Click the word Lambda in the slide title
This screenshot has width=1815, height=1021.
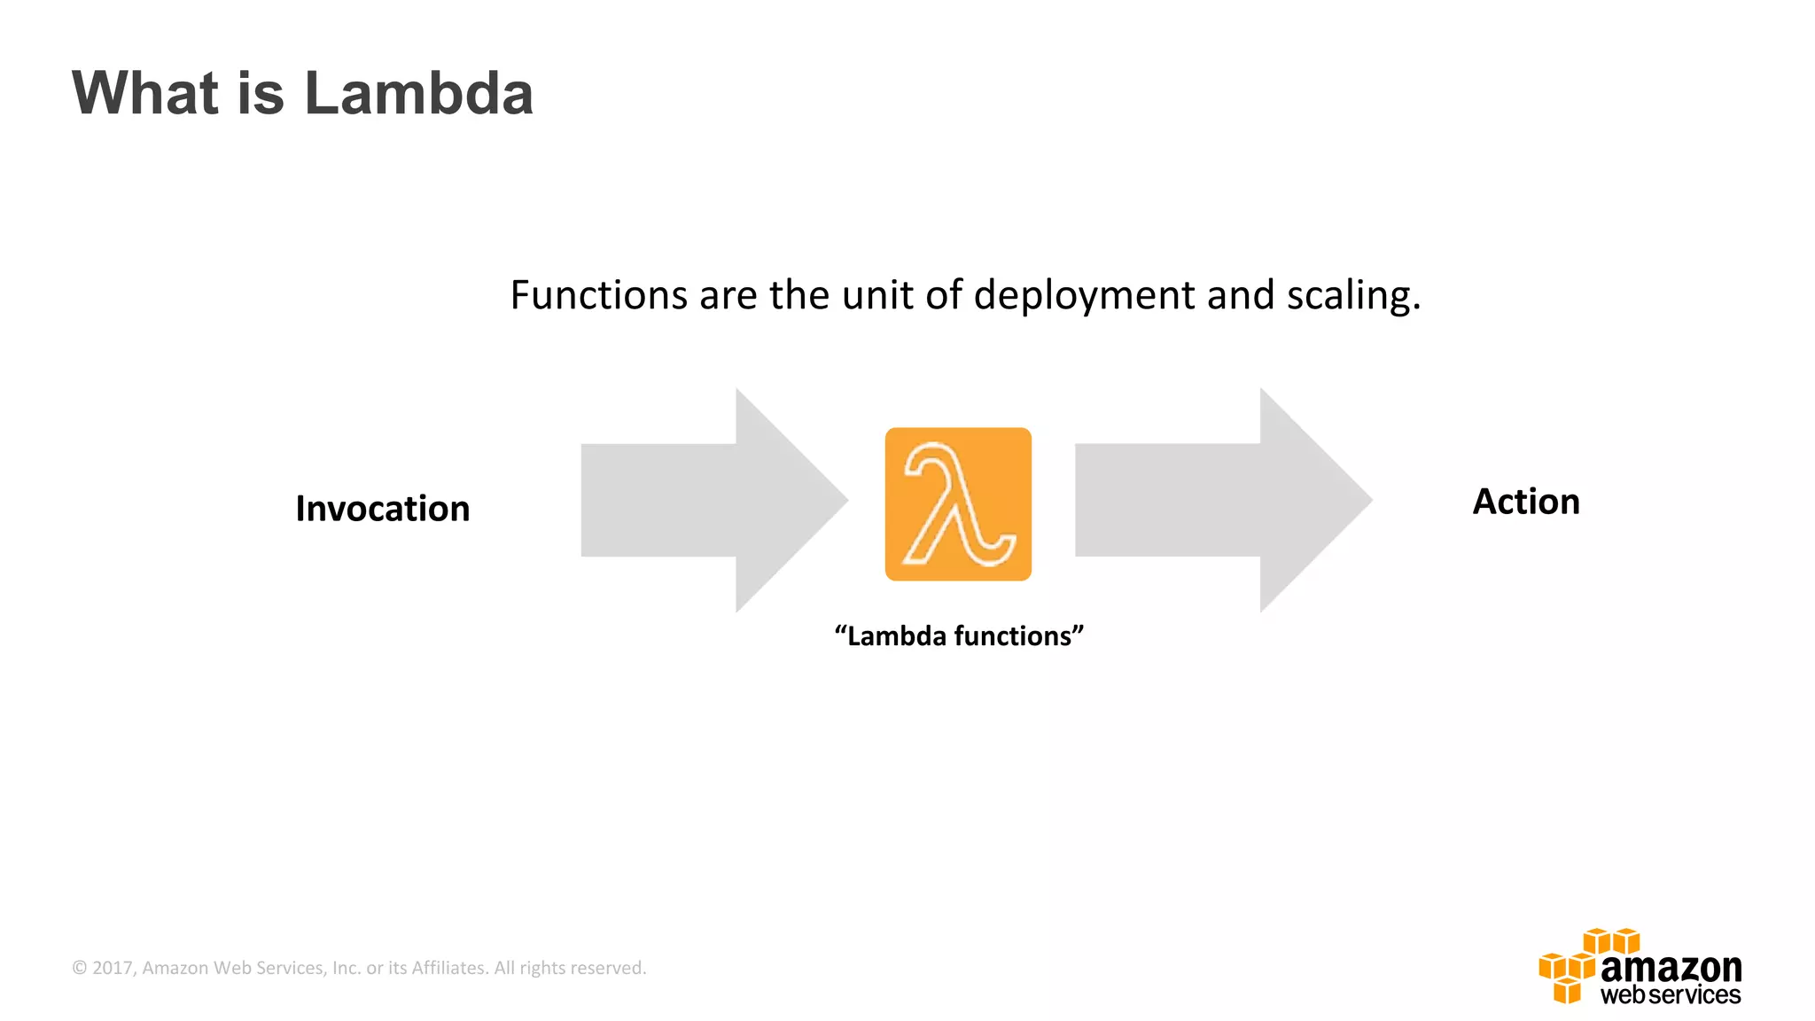pyautogui.click(x=418, y=93)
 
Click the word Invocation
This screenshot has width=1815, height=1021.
pyautogui.click(x=382, y=509)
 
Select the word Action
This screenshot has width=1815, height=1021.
pyautogui.click(x=1525, y=502)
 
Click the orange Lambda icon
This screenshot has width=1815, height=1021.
pyautogui.click(x=958, y=504)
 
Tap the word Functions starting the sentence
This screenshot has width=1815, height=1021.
pyautogui.click(x=598, y=295)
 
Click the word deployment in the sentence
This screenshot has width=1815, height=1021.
pyautogui.click(x=1084, y=297)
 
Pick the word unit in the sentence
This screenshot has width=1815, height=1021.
pyautogui.click(x=877, y=295)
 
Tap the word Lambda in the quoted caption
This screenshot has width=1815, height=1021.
pyautogui.click(x=896, y=636)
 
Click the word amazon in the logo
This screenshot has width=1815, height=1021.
pyautogui.click(x=1671, y=967)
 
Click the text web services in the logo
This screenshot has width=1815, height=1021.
pyautogui.click(x=1671, y=995)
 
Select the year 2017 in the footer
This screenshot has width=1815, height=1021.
pyautogui.click(x=112, y=968)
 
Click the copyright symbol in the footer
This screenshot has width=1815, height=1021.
pyautogui.click(x=80, y=968)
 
